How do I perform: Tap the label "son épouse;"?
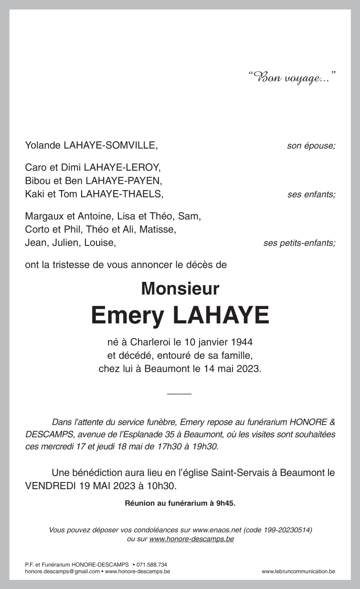click(311, 146)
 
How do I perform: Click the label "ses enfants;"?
click(311, 194)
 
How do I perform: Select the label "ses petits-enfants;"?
click(299, 243)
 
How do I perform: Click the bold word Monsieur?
click(180, 289)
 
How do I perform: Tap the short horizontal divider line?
click(180, 393)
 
